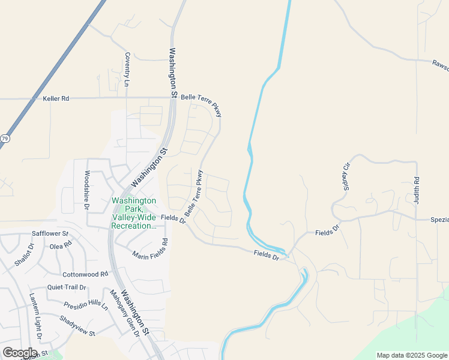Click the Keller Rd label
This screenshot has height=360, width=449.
56,98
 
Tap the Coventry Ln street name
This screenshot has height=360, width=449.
127,70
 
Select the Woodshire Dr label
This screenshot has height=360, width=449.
87,190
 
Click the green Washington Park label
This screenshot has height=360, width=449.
133,213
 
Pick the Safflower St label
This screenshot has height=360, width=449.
50,233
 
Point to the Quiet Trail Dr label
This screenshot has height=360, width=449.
68,287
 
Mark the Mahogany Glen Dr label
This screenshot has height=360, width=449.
124,314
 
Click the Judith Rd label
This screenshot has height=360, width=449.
416,189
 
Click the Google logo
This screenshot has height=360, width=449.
19,353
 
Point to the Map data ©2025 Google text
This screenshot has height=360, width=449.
412,355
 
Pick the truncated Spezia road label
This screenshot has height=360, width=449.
439,220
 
